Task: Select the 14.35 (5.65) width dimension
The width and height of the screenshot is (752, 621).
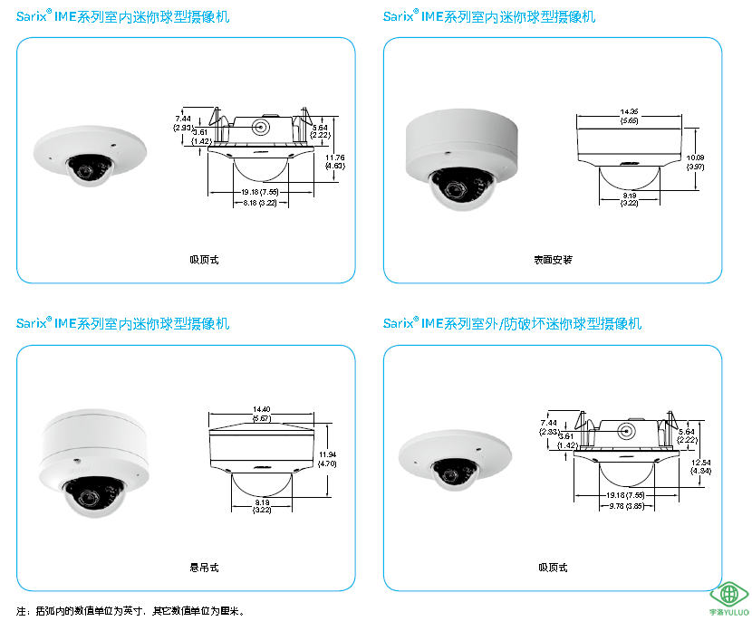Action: pyautogui.click(x=629, y=116)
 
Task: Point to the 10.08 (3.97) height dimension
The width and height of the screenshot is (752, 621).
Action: pyautogui.click(x=695, y=162)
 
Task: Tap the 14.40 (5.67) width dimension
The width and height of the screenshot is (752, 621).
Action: pyautogui.click(x=262, y=414)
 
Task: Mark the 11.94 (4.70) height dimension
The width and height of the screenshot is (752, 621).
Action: pyautogui.click(x=327, y=458)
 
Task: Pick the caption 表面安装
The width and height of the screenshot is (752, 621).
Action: pyautogui.click(x=553, y=260)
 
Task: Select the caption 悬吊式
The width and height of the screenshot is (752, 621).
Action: pyautogui.click(x=204, y=568)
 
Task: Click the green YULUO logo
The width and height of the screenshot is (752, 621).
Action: pyautogui.click(x=730, y=597)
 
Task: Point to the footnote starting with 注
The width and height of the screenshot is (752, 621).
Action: pyautogui.click(x=130, y=611)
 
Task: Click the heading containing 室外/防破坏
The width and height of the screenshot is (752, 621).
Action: pyautogui.click(x=512, y=323)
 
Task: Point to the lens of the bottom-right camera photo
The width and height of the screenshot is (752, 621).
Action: pyautogui.click(x=450, y=474)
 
